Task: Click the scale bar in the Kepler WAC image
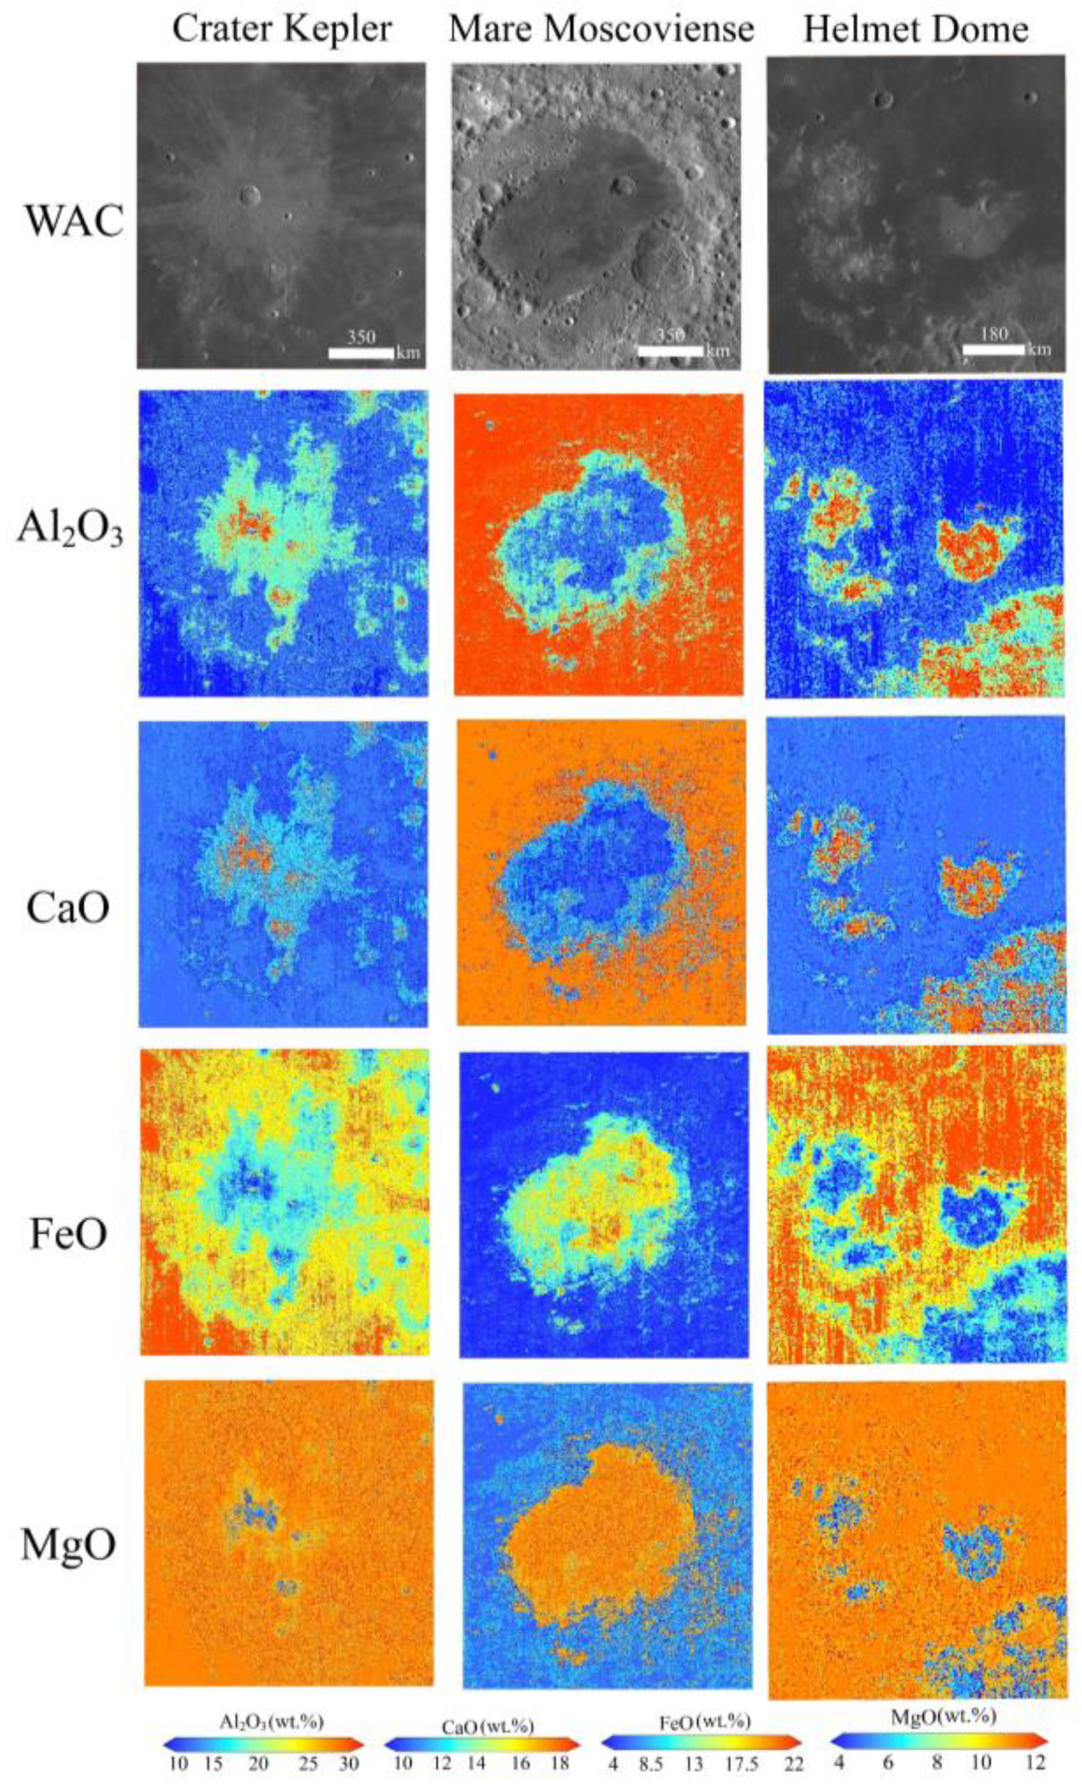[x=360, y=353]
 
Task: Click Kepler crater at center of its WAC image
[x=250, y=194]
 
